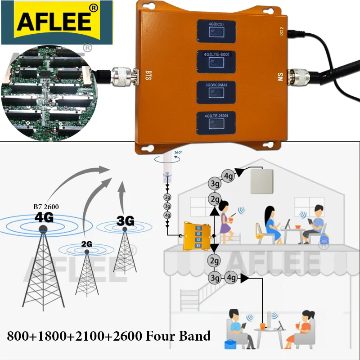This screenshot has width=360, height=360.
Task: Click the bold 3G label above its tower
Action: click(x=126, y=220)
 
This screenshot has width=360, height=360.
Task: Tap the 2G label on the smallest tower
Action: click(x=87, y=243)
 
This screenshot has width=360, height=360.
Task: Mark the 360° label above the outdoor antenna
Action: click(x=177, y=153)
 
